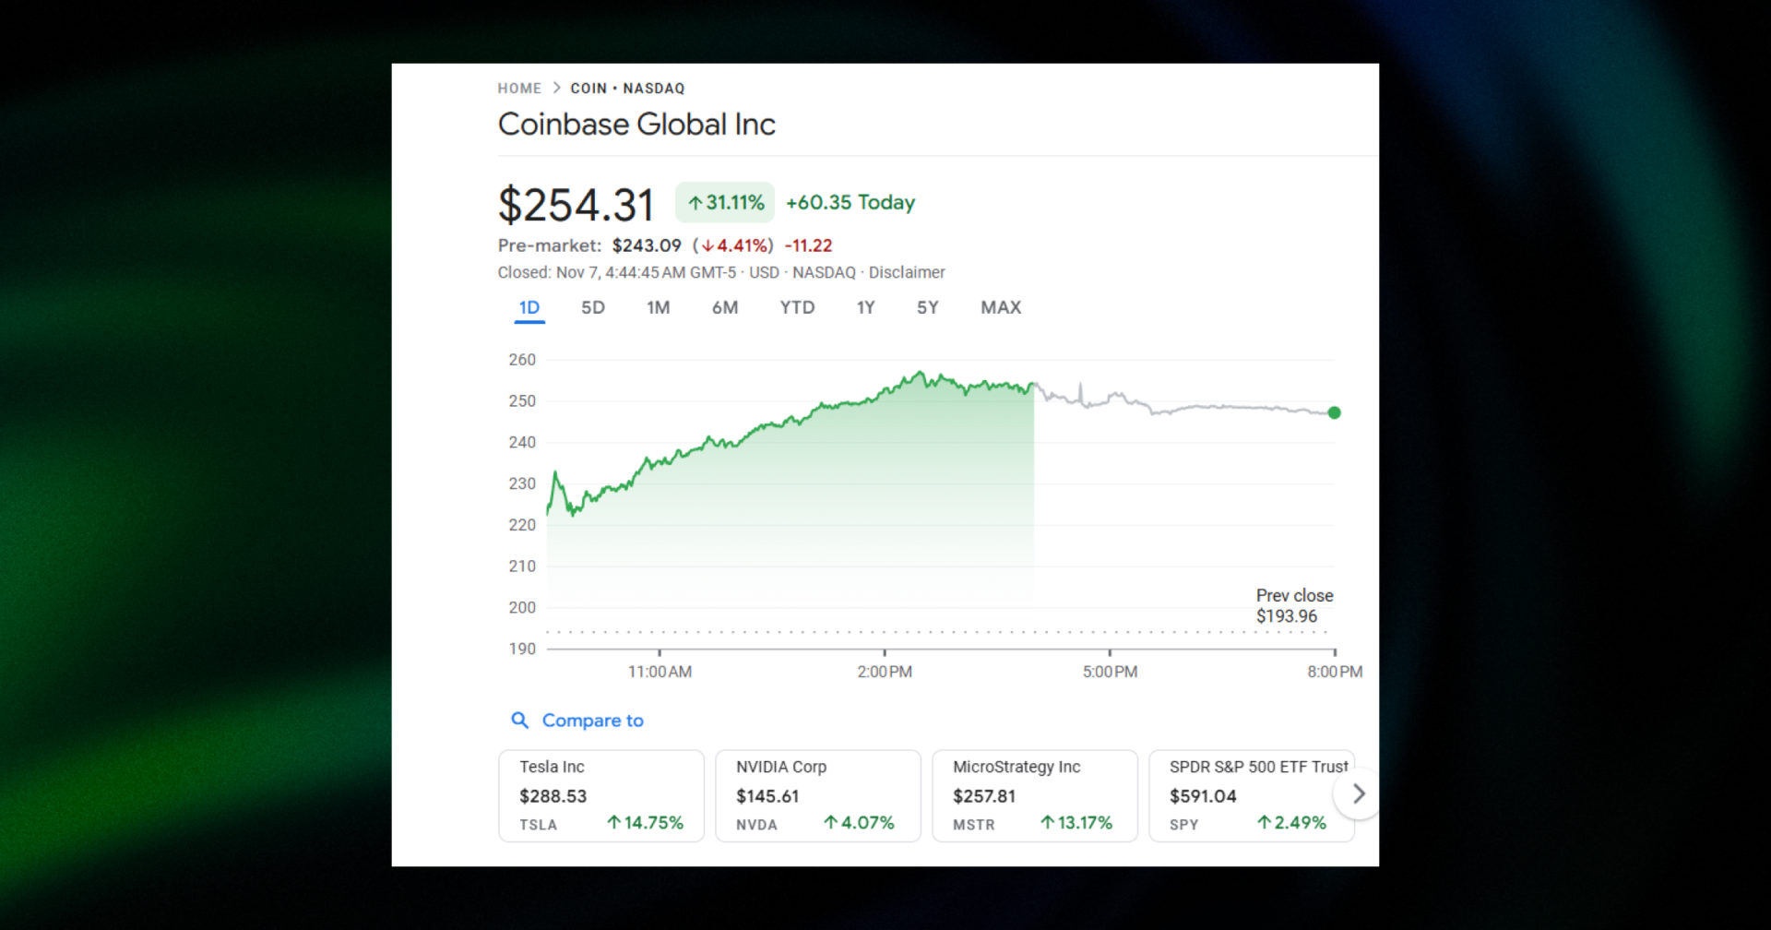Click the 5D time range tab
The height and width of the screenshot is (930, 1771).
(592, 308)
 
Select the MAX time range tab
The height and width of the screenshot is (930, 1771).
(1000, 308)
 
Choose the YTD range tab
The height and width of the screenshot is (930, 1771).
(797, 308)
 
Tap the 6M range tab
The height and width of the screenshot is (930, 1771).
(724, 308)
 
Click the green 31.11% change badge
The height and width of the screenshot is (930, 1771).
(725, 203)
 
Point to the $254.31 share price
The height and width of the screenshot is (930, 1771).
(576, 205)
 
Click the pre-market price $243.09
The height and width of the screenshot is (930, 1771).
(647, 246)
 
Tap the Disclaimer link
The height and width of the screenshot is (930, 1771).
(907, 273)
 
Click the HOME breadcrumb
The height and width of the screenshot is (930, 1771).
(519, 89)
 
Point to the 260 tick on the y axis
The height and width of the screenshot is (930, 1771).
(522, 360)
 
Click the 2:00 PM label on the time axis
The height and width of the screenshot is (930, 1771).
(885, 672)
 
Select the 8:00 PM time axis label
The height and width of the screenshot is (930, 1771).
(1334, 672)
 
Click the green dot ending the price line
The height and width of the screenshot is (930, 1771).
(1334, 412)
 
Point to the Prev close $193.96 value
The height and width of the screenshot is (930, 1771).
(1287, 616)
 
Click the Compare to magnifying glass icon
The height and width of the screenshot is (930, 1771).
(520, 721)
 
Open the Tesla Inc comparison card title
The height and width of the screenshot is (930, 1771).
(552, 767)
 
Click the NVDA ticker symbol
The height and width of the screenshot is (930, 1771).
(756, 825)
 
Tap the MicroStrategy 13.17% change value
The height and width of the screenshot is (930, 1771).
(1076, 823)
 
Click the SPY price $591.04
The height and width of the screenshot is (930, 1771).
(1203, 796)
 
